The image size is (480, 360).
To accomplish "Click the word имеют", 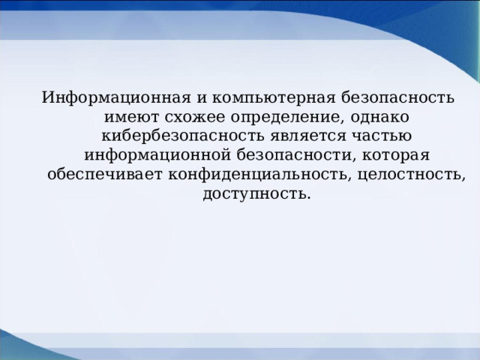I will tap(128, 118).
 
